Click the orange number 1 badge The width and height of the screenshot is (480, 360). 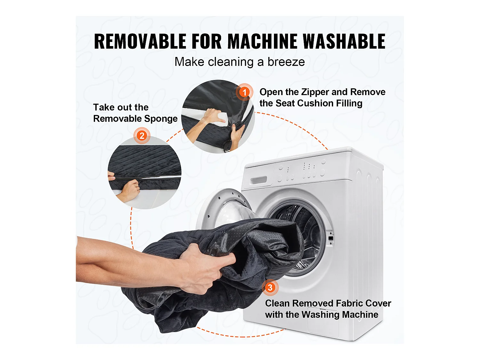(244, 92)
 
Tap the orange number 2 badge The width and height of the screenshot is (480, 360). (142, 136)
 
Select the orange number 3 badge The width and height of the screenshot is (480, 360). (270, 287)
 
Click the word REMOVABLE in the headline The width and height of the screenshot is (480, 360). (140, 42)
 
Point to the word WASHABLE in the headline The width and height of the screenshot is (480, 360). (344, 42)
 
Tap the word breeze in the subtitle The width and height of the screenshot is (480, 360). (286, 62)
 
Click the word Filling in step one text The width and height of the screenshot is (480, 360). (349, 103)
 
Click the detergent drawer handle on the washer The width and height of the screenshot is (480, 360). (259, 180)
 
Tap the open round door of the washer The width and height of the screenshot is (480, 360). (224, 208)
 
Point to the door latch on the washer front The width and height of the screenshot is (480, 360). (331, 238)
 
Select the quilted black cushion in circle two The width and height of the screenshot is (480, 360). (144, 160)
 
